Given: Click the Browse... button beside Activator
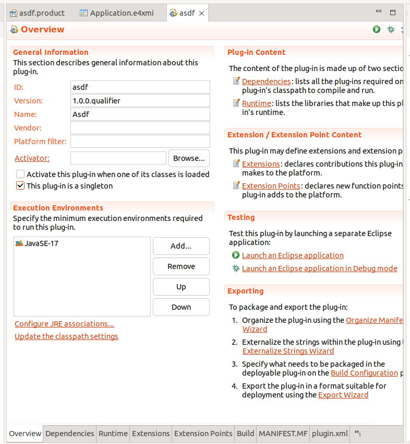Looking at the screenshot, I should coord(189,158).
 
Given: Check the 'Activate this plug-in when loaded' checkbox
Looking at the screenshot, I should coord(20,174).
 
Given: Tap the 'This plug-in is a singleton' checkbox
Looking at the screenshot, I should coord(20,186).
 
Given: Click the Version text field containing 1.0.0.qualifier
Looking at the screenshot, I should coord(140,101).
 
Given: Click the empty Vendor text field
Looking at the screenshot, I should coord(140,128).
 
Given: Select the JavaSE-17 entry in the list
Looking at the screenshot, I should coord(41,243).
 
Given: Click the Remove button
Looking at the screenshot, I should coord(181,266).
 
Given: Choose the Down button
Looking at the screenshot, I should coord(181,307).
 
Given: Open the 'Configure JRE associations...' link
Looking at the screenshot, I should coord(64,324).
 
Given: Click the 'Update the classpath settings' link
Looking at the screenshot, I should coord(66,336).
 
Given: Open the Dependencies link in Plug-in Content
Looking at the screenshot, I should coord(266,81).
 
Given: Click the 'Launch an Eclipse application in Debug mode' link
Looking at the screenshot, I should coord(319,268).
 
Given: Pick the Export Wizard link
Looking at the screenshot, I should coord(343,395).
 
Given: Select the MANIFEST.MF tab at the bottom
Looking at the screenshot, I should coord(283,434).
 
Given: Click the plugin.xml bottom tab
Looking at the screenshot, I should coord(330,434).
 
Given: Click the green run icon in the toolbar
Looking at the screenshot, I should coord(377,30).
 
